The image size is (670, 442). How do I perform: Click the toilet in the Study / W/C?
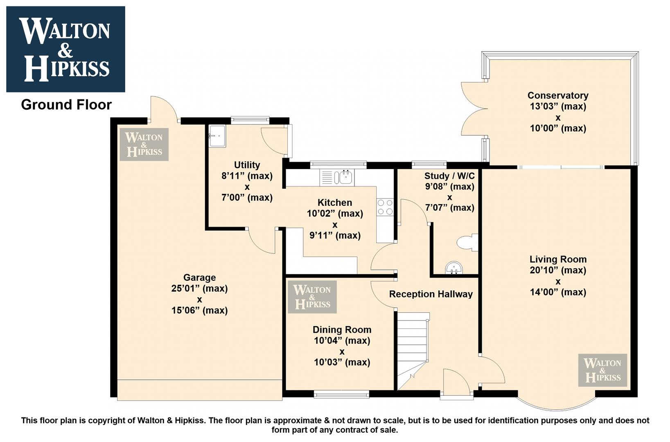pyautogui.click(x=467, y=242)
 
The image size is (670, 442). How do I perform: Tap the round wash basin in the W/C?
pyautogui.click(x=454, y=268)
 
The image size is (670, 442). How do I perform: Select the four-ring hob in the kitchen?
pyautogui.click(x=385, y=207)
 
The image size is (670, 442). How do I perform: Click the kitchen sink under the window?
pyautogui.click(x=337, y=177)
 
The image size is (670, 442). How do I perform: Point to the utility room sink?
pyautogui.click(x=217, y=136)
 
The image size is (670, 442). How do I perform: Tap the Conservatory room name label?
pyautogui.click(x=558, y=95)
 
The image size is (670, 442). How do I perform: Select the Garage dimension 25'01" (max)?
pyautogui.click(x=199, y=289)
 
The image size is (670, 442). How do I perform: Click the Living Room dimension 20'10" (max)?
pyautogui.click(x=558, y=271)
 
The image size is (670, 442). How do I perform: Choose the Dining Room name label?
pyautogui.click(x=342, y=329)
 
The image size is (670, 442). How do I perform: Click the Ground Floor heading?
pyautogui.click(x=66, y=105)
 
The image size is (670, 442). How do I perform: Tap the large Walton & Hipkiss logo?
pyautogui.click(x=65, y=49)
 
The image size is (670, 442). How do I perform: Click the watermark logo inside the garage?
pyautogui.click(x=144, y=144)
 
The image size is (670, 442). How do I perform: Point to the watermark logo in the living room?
pyautogui.click(x=602, y=370)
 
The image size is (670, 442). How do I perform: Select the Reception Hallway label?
pyautogui.click(x=431, y=294)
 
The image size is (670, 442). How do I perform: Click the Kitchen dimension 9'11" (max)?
pyautogui.click(x=335, y=236)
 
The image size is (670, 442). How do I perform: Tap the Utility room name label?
pyautogui.click(x=247, y=165)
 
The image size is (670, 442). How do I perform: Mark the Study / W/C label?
pyautogui.click(x=449, y=176)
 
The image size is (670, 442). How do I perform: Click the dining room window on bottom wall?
pyautogui.click(x=341, y=395)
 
